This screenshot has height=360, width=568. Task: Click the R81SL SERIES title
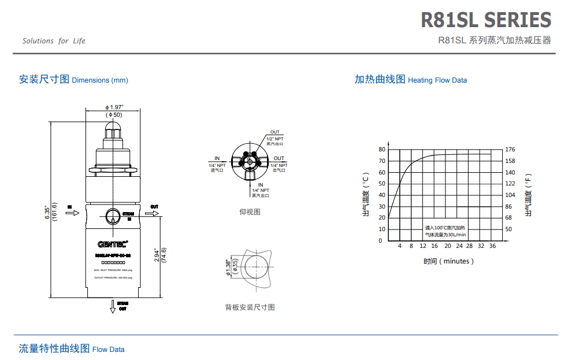485,20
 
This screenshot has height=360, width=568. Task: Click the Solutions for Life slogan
54,41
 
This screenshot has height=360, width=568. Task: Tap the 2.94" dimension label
157,255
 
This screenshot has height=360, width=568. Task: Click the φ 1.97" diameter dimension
114,107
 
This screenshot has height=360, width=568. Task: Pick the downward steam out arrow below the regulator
113,307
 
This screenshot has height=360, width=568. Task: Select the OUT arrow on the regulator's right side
153,213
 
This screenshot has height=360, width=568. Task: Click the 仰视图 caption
250,211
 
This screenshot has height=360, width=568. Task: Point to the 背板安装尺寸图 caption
250,307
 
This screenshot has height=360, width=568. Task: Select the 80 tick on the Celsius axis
381,149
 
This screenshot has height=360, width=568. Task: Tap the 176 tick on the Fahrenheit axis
510,149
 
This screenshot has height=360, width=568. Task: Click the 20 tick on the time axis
447,246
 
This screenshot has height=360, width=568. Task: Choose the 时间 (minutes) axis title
448,261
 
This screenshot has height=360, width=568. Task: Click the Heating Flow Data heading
410,80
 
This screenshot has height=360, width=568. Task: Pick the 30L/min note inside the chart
445,235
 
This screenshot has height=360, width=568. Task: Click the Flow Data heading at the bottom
72,349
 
